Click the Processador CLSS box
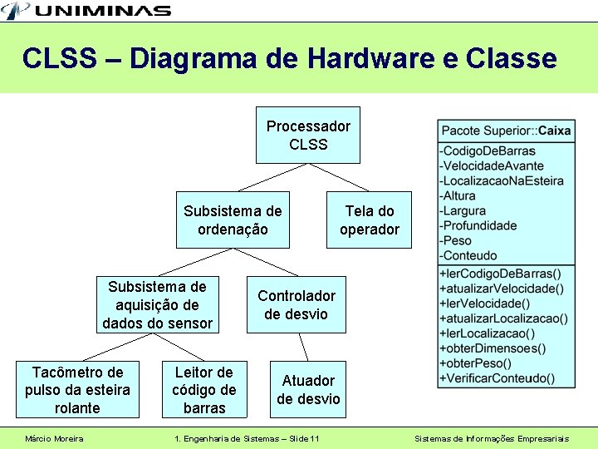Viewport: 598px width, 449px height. tap(308, 135)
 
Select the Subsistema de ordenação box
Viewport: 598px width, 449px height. tap(233, 220)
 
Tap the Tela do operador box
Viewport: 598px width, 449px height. tap(370, 220)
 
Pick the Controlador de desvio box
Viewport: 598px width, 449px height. tap(297, 304)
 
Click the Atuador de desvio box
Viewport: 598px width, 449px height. tap(308, 389)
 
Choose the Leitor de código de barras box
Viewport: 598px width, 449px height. tap(204, 389)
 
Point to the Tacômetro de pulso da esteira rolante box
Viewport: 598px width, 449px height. tap(77, 389)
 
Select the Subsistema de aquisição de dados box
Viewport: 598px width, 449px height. tap(158, 304)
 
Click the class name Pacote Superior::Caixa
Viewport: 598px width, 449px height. tap(506, 131)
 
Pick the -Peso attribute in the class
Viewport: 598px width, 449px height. tap(458, 241)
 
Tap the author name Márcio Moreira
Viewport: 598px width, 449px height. tap(54, 438)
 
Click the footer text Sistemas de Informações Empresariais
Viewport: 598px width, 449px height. tap(503, 438)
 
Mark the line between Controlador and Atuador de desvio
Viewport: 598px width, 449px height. tap(303, 347)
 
